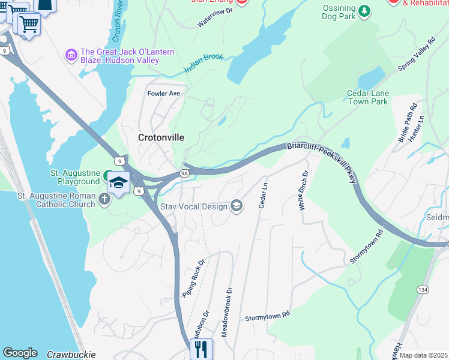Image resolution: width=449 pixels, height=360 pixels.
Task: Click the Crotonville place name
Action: [161, 137]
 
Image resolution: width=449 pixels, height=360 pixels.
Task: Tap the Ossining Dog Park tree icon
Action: [364, 11]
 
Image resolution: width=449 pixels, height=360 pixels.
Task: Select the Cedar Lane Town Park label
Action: [368, 97]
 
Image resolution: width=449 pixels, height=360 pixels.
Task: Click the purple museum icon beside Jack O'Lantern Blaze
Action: [71, 56]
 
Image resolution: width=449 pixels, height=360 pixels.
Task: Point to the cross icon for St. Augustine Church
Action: [105, 200]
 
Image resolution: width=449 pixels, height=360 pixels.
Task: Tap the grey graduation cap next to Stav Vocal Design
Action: [237, 206]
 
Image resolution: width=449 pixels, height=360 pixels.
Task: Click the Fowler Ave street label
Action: [164, 94]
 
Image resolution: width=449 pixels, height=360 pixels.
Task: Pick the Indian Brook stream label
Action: [204, 63]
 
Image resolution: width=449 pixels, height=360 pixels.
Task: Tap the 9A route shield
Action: [185, 173]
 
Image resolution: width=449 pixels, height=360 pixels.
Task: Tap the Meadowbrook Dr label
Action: [228, 311]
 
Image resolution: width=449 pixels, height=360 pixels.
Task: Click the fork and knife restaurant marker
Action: [201, 348]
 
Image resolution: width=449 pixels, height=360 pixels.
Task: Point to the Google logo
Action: [20, 353]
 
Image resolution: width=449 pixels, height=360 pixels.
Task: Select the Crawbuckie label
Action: [71, 355]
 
